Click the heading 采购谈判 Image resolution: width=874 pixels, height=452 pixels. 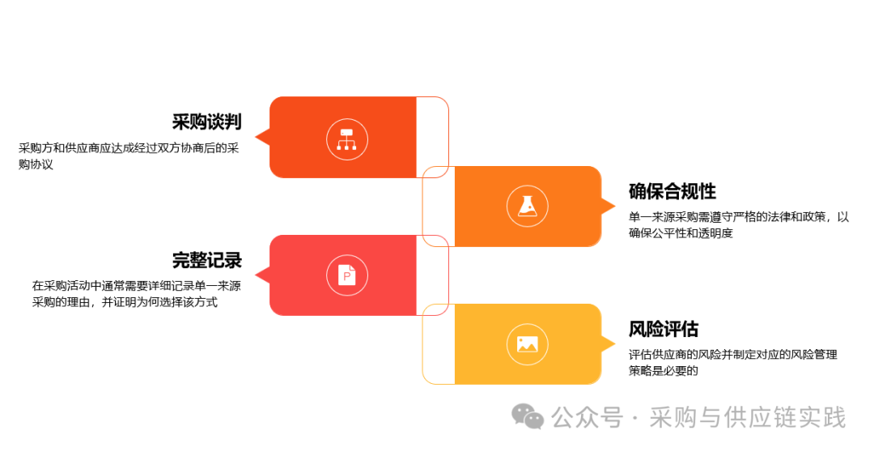206,122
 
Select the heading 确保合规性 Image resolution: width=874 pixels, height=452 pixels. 672,192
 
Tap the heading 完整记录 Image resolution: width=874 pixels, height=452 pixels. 206,261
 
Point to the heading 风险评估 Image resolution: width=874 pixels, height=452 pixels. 664,330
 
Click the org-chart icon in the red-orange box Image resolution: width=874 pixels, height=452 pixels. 347,138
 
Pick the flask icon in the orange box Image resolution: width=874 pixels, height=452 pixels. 528,206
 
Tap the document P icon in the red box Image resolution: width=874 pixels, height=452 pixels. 347,275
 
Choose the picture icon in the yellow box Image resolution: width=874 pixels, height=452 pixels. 528,343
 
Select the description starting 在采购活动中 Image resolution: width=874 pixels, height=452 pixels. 136,293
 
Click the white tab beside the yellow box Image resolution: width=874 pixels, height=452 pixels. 438,343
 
